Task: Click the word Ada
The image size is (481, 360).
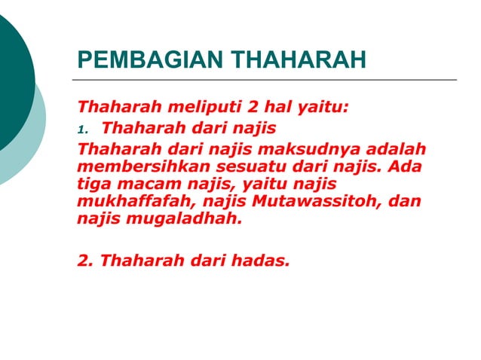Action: point(407,165)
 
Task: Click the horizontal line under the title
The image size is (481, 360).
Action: point(264,79)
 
